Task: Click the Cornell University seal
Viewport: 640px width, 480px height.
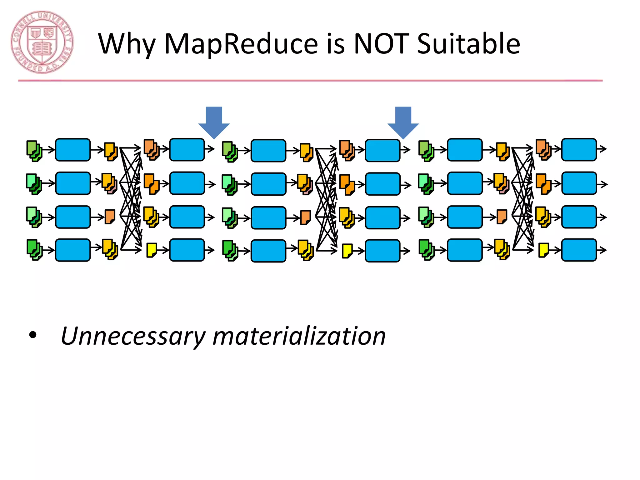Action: (42, 42)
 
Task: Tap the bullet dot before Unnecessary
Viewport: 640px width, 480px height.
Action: (32, 336)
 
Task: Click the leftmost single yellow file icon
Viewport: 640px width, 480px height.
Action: (152, 250)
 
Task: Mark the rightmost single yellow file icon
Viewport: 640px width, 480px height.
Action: (543, 250)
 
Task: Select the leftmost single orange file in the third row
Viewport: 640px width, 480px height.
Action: (110, 217)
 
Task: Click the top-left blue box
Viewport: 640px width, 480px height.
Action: (73, 150)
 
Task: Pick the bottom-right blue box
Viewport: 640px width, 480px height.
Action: (579, 250)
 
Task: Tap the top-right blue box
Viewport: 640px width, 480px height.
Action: (579, 150)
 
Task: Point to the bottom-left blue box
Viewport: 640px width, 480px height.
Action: (73, 250)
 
